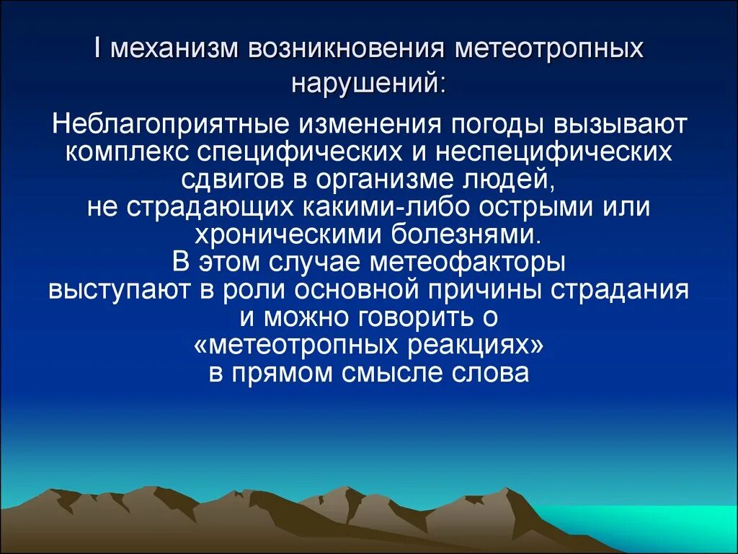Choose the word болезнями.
[x=467, y=233]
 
